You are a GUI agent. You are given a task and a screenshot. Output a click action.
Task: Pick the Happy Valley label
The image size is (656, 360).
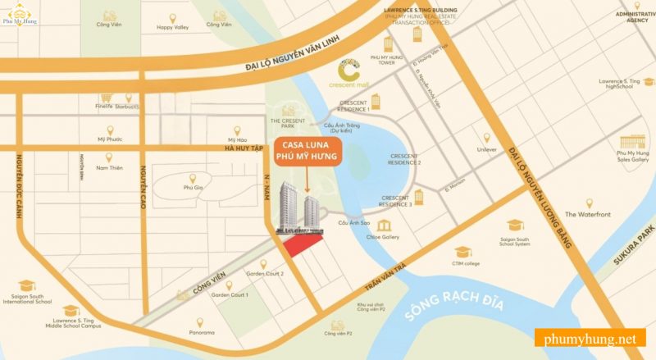tap(172, 27)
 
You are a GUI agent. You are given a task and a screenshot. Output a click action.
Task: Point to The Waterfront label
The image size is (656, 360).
tap(588, 214)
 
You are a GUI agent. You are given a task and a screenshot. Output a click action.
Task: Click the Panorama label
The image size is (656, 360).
tap(200, 332)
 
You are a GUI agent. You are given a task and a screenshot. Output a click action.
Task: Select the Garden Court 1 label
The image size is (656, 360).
tap(230, 294)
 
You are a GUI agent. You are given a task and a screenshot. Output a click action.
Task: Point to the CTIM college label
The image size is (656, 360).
tap(465, 263)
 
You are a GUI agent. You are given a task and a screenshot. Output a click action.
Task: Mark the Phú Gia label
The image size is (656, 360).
tap(193, 187)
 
